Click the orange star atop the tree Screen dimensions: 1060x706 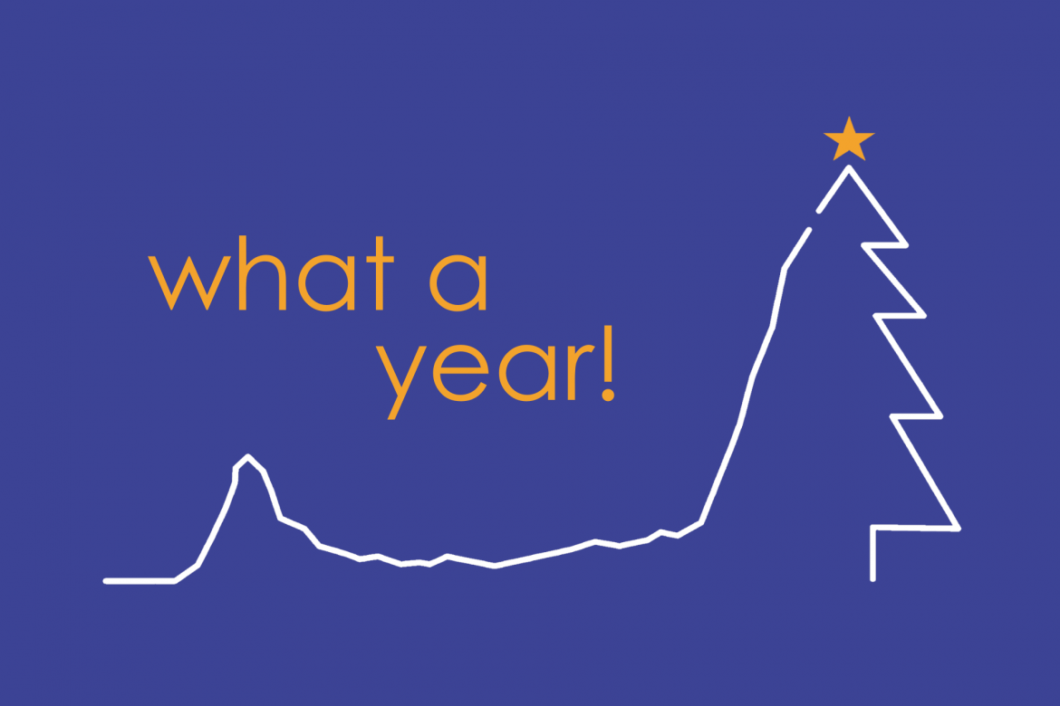849,140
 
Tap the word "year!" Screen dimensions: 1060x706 496,372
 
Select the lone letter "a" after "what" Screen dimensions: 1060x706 458,282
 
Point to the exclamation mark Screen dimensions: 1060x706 608,364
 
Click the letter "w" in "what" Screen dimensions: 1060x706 189,283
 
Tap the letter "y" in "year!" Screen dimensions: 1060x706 400,382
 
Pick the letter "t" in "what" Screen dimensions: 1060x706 380,273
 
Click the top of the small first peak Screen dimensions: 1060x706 248,456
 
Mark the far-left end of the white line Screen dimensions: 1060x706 105,581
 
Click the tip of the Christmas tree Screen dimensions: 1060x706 849,167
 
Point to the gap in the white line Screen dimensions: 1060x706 814,221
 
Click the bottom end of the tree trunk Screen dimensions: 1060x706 872,579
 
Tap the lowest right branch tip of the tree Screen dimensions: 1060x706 958,529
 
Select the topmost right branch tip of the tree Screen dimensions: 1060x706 905,245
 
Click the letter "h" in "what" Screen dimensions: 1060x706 263,273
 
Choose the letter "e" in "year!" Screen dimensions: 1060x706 460,373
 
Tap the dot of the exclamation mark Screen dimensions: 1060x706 608,396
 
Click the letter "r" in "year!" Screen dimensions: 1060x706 580,372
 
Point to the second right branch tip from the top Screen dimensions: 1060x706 923,316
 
